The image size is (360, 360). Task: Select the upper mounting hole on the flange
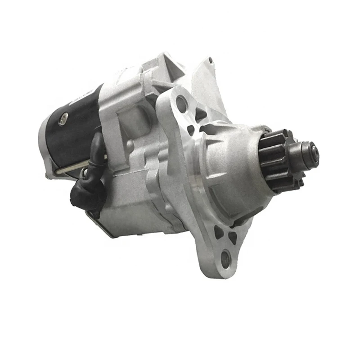[x=182, y=103]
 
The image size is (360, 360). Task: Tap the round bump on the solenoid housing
[x=130, y=144]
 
